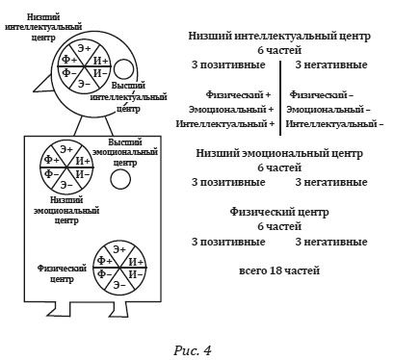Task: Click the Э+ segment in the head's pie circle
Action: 85,47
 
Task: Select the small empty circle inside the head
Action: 125,68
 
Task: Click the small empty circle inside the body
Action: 120,180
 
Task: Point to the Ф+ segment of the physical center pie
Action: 103,261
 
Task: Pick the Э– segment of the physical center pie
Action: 118,285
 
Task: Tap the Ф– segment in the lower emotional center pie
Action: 50,173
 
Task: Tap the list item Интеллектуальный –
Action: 335,123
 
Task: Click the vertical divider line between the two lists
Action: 280,95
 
